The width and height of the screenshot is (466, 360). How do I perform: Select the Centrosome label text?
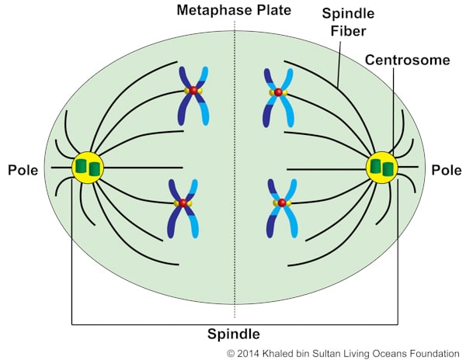398,60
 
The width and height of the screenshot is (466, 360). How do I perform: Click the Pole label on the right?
446,169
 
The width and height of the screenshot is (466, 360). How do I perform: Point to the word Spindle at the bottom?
233,334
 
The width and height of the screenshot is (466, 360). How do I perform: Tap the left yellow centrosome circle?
87,168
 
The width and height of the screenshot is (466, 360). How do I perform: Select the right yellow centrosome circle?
381,168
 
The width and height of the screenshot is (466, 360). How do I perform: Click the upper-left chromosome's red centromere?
193,91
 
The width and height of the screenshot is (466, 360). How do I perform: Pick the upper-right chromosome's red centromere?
278,92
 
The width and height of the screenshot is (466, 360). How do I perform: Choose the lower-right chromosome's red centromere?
281,202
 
